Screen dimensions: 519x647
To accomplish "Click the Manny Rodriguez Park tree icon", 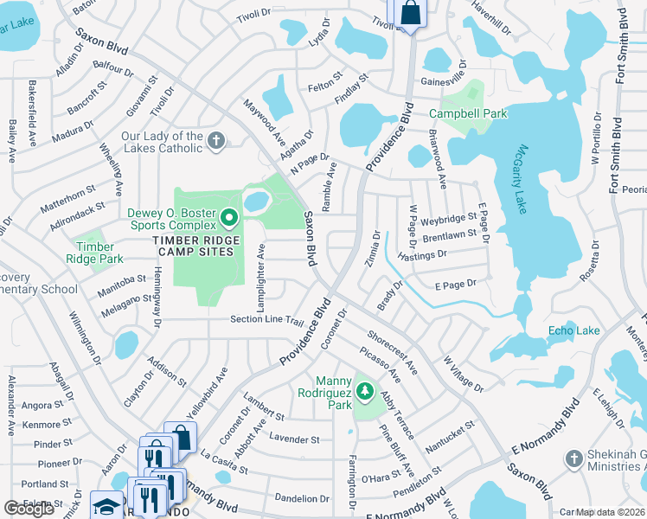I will [365, 393].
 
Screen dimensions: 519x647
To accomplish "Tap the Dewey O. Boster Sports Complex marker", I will [229, 217].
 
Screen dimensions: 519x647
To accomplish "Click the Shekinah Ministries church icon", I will [572, 458].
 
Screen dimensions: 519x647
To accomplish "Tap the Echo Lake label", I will [573, 330].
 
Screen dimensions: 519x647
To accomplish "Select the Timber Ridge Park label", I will [95, 252].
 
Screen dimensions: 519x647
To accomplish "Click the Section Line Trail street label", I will [266, 320].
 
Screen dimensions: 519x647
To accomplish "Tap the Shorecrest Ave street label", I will [392, 353].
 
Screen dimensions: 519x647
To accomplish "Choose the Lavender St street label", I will [294, 439].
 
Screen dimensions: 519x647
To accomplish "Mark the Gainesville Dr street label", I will [449, 80].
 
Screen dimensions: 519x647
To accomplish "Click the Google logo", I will [29, 509].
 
